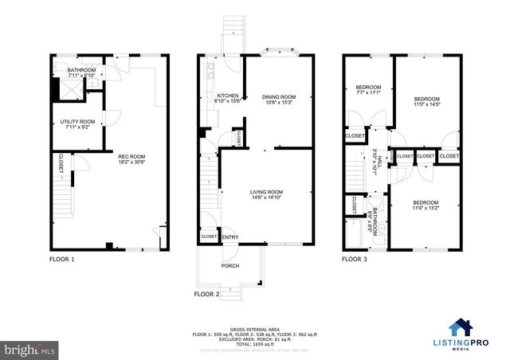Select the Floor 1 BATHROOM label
(80, 70)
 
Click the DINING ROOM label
(278, 97)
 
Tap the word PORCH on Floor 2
(229, 266)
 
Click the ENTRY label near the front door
(229, 237)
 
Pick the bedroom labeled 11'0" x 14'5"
(426, 99)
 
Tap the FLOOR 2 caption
(206, 294)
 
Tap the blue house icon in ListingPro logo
(461, 327)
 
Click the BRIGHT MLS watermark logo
(29, 349)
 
